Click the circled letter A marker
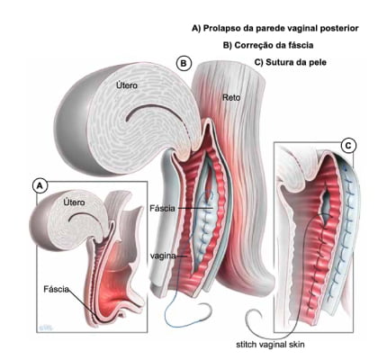(40, 186)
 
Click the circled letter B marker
(184, 63)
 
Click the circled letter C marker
(348, 146)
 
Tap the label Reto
(231, 97)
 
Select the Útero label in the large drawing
(127, 85)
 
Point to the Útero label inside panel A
(74, 202)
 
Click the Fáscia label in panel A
(56, 289)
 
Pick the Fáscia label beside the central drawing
(162, 208)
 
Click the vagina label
(163, 256)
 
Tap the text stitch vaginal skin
(270, 345)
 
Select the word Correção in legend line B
(251, 45)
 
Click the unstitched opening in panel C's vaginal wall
(325, 204)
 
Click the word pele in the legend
(319, 63)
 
